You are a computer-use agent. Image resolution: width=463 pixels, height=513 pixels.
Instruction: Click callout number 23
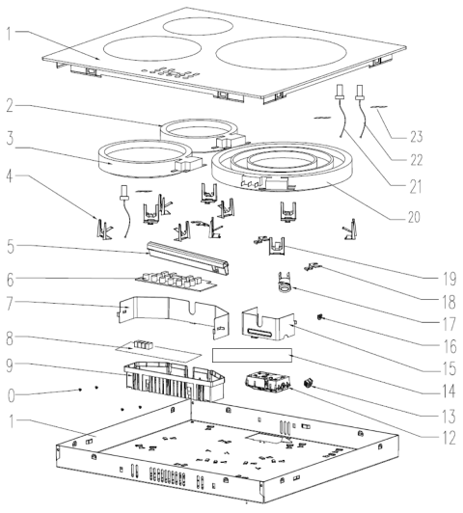(x=417, y=136)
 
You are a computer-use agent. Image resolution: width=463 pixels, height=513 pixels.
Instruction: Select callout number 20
(x=414, y=217)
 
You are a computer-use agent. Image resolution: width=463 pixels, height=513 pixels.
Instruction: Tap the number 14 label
(x=449, y=391)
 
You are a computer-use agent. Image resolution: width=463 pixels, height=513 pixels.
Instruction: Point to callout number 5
(x=11, y=247)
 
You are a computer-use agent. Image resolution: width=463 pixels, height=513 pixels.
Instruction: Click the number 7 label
(x=11, y=304)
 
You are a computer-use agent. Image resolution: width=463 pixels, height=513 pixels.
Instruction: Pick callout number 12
(x=449, y=438)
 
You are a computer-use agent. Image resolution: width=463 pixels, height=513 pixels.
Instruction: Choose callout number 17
(x=449, y=324)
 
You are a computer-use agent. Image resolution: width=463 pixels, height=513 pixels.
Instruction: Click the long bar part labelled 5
(x=188, y=258)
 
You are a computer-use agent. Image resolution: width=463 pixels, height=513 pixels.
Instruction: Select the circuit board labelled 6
(x=177, y=281)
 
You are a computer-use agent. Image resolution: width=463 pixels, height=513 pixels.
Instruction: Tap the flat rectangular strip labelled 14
(x=252, y=355)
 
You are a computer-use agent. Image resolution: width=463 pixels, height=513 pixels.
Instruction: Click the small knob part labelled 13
(x=308, y=383)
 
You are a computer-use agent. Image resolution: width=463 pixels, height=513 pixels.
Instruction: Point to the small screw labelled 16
(x=318, y=316)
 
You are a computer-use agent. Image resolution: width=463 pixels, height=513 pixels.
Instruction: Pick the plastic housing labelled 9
(x=174, y=382)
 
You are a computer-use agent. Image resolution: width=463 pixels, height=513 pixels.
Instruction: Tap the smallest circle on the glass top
(x=198, y=26)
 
